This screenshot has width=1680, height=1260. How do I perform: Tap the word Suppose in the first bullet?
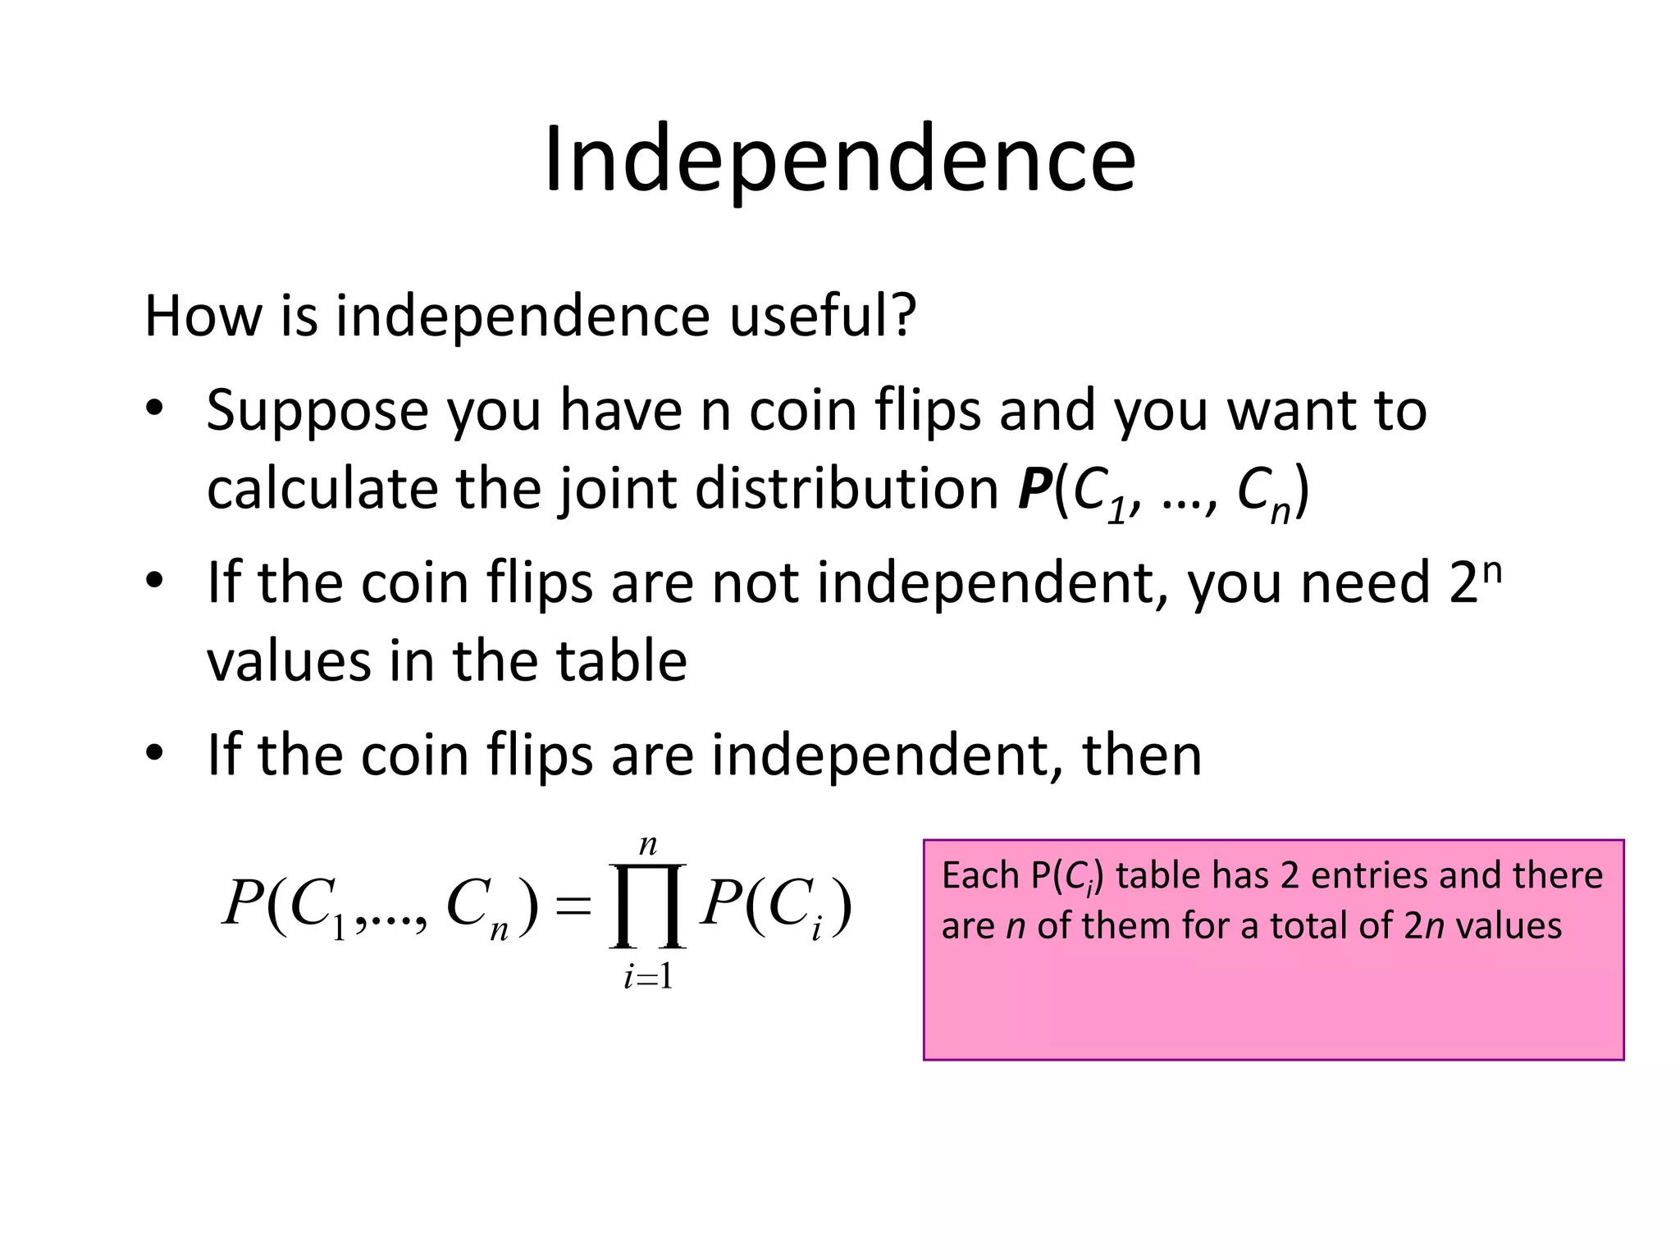[x=317, y=411]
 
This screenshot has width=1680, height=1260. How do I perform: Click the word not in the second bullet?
[x=755, y=583]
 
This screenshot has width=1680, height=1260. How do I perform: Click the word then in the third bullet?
[x=1142, y=756]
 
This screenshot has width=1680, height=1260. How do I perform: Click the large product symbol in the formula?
[x=647, y=906]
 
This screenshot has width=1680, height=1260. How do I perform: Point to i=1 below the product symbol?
[x=648, y=977]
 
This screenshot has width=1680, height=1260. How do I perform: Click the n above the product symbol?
[x=648, y=845]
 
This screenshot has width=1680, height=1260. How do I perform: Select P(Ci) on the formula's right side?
[x=776, y=906]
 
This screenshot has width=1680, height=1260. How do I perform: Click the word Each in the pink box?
[x=979, y=876]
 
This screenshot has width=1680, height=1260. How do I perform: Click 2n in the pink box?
[x=1424, y=926]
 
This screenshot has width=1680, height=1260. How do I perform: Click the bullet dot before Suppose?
[x=155, y=409]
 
